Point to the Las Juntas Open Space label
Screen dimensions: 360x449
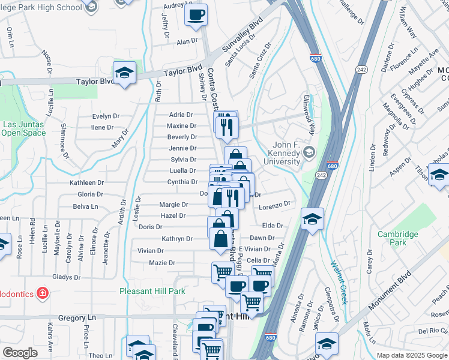[24, 128]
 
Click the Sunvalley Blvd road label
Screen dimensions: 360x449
[243, 36]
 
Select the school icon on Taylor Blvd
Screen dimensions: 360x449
[124, 73]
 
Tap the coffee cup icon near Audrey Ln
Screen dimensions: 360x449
[196, 14]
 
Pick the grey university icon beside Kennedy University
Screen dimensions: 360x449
[309, 151]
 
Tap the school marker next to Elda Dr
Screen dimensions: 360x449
[312, 218]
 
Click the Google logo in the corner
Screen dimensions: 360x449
[20, 353]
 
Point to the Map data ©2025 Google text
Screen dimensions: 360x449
[412, 355]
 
